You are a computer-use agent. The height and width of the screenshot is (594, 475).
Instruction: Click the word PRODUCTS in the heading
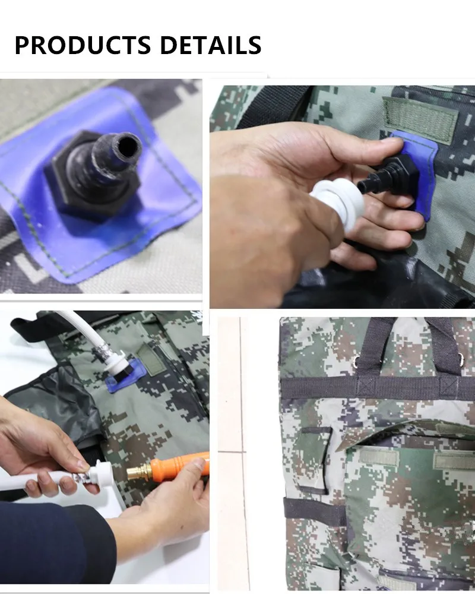pyautogui.click(x=83, y=45)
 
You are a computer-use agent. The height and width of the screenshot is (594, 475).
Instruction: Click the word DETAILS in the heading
pyautogui.click(x=211, y=45)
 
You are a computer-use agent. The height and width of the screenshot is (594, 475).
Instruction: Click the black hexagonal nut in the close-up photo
pyautogui.click(x=91, y=178)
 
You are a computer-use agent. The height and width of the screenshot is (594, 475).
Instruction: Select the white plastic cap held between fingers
pyautogui.click(x=338, y=203)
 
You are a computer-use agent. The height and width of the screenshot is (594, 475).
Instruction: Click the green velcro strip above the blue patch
pyautogui.click(x=419, y=119)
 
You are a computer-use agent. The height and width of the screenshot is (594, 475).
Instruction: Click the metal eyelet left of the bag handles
pyautogui.click(x=356, y=362)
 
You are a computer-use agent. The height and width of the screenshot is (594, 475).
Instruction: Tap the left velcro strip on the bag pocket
pyautogui.click(x=379, y=457)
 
